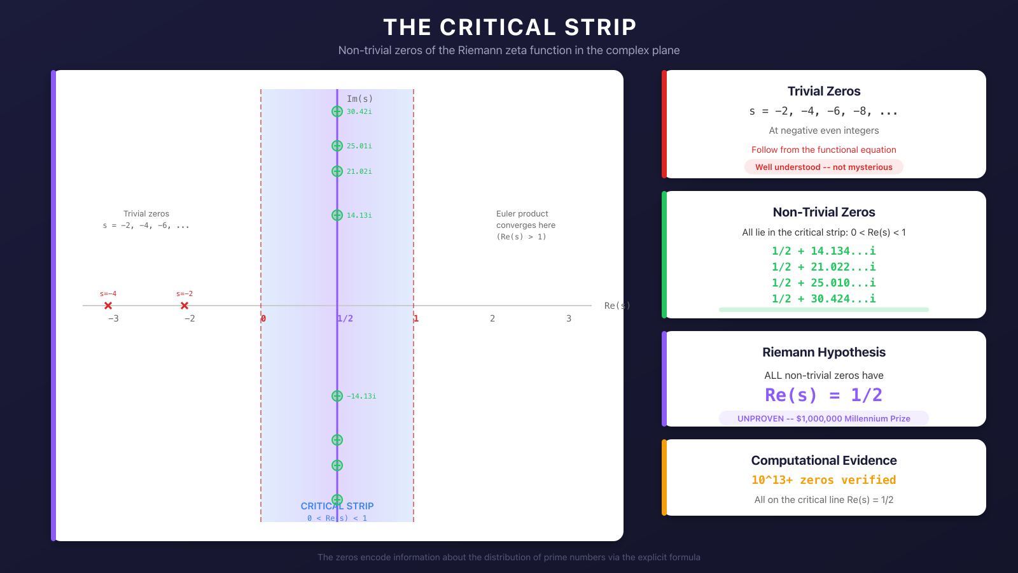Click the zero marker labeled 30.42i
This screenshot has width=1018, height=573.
[x=337, y=111]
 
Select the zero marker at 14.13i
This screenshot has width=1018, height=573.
[x=337, y=215]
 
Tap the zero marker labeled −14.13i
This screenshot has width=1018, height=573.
[x=337, y=396]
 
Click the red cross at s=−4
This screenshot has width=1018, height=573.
[x=108, y=306]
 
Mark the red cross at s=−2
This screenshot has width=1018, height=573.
[x=185, y=306]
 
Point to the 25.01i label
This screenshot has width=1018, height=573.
[x=359, y=146]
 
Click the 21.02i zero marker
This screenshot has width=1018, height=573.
[x=337, y=171]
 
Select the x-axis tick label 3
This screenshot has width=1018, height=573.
[x=569, y=318]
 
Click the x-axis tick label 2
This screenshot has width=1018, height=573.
[x=492, y=318]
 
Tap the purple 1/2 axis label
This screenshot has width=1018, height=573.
[x=345, y=318]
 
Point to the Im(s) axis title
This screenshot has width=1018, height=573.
[x=359, y=99]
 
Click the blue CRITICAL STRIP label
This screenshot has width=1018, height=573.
[x=337, y=506]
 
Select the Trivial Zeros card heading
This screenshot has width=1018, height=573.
[x=824, y=91]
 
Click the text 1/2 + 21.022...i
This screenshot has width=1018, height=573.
[x=824, y=267]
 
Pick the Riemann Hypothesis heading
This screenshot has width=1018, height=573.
[x=824, y=352]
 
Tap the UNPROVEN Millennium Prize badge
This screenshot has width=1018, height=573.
[x=824, y=418]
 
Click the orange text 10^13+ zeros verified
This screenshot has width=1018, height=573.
[x=824, y=480]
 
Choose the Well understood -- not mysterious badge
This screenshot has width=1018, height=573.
[x=824, y=167]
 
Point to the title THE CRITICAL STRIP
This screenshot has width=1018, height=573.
[x=510, y=27]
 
